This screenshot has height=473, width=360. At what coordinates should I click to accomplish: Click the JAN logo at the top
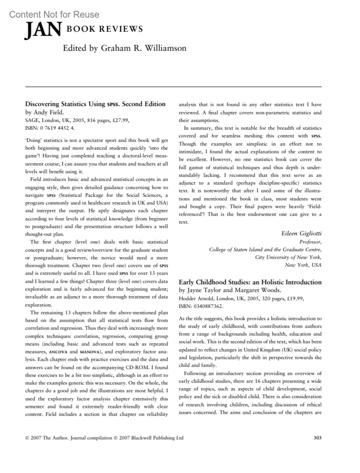coord(43,31)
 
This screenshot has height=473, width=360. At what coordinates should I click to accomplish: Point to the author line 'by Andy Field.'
coord(44,112)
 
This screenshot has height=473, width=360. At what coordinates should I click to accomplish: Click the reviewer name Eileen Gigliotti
coord(301,233)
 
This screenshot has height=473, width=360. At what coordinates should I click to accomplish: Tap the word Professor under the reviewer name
coord(310,242)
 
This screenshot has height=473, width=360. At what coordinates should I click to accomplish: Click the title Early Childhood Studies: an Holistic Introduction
coord(250,282)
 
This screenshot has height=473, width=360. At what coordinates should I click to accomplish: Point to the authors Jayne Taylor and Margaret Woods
coord(230,290)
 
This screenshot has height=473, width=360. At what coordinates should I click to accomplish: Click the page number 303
coord(317,438)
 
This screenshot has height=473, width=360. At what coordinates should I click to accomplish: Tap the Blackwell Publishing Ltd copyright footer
coord(104,438)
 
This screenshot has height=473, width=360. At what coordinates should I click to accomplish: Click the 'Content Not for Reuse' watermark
coord(54,14)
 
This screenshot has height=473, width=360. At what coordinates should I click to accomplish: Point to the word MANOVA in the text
coord(90,352)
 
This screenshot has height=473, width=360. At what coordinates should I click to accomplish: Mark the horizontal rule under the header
coord(173,87)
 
